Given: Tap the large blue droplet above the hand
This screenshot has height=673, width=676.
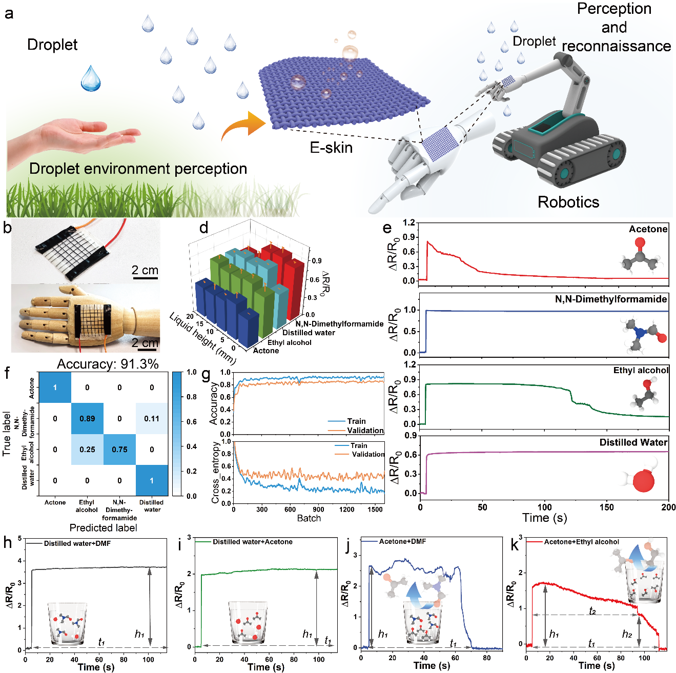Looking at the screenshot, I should pos(91,78).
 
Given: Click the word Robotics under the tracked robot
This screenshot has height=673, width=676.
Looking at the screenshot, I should pos(568,202).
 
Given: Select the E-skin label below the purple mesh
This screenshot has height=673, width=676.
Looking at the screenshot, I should pos(331,148).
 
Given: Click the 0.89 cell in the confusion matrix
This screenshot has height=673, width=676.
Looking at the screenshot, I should pos(87,418).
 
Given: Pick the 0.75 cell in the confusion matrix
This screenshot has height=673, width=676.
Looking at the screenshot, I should pos(119,450).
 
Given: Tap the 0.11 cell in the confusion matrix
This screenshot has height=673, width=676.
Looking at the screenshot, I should pos(152,418).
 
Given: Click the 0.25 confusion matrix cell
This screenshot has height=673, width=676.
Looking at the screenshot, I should pos(87,450).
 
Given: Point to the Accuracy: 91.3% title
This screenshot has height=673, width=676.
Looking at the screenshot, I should pos(108,364).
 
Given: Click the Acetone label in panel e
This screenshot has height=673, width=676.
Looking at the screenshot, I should pos(648,229).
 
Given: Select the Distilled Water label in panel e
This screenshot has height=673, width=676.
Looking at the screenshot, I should pos(633,442).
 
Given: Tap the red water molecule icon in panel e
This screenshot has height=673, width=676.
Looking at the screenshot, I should pos(644,481).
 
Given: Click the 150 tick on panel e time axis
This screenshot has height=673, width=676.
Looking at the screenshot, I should pos(606,507).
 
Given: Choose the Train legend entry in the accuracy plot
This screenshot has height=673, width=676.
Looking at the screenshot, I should pos(356,421).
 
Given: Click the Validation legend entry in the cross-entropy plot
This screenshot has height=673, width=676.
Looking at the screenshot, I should pos(367,454).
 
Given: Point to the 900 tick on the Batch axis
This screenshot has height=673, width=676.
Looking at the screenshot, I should pos(318,509).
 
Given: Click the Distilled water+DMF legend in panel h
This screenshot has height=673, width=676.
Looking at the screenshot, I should pos(77,543).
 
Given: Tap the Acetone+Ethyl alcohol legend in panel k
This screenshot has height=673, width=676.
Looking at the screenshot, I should pos(581,542).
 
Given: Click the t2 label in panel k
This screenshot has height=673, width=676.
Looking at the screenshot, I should pos(592,611).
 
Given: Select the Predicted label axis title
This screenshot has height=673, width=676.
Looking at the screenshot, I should pos(103,527).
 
